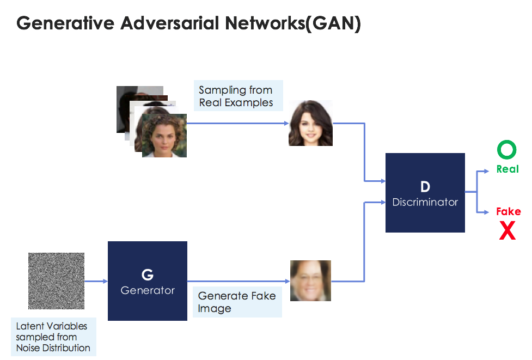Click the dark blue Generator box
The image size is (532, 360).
click(148, 280)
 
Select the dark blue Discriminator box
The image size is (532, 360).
click(425, 193)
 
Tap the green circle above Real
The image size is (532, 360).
click(507, 150)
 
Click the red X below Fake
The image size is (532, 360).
click(507, 231)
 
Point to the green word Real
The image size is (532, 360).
click(507, 169)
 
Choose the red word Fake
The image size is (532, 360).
click(508, 211)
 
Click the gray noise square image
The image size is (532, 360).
click(56, 280)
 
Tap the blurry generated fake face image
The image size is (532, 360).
click(310, 280)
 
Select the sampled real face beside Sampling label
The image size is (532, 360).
click(310, 123)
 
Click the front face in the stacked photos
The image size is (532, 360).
click(164, 135)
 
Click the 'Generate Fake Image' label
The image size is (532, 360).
click(237, 302)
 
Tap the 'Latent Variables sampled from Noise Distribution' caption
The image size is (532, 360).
click(52, 337)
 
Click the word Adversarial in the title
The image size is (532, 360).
click(162, 24)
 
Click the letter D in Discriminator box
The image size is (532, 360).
click(425, 186)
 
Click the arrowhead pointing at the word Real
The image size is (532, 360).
click(486, 171)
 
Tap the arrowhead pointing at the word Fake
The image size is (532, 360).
click(486, 212)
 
